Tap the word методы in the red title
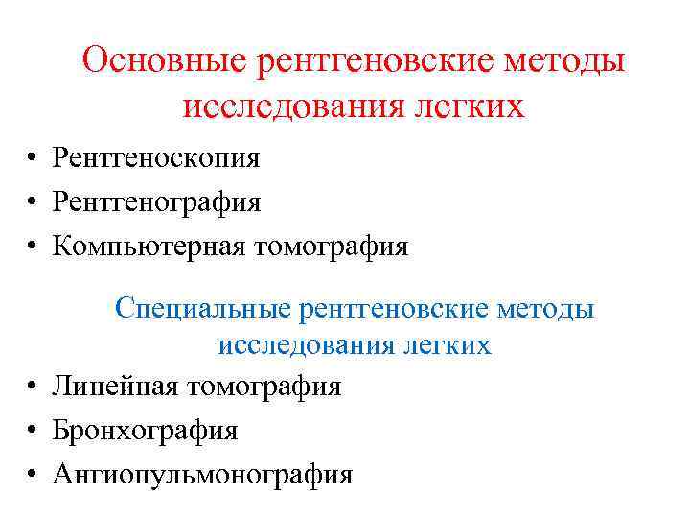(x=568, y=62)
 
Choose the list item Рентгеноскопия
(x=156, y=158)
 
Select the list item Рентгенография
(x=157, y=202)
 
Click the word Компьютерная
(x=150, y=247)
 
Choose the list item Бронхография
(x=145, y=431)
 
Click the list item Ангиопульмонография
(x=202, y=475)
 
